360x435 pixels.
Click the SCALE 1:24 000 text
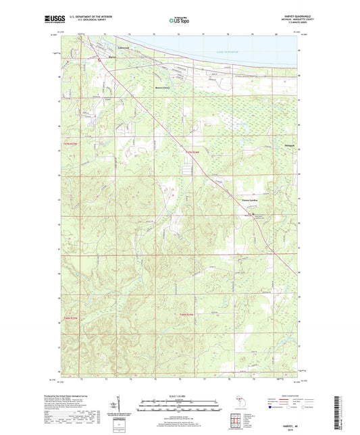click(179, 396)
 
